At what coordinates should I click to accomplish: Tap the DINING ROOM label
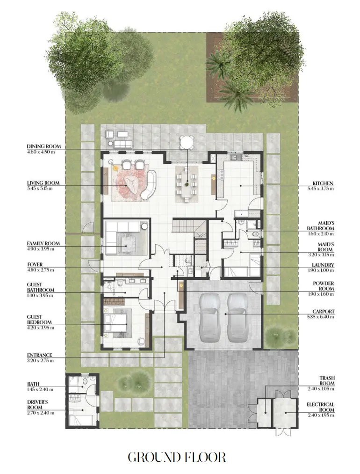(x=43, y=146)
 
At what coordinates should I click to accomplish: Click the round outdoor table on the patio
(x=187, y=141)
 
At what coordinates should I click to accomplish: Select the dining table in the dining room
(x=187, y=183)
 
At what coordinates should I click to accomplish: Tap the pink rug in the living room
(x=129, y=182)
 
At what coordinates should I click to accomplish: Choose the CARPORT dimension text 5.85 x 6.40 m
(x=324, y=317)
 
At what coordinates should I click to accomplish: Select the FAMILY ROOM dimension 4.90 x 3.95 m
(x=40, y=249)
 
